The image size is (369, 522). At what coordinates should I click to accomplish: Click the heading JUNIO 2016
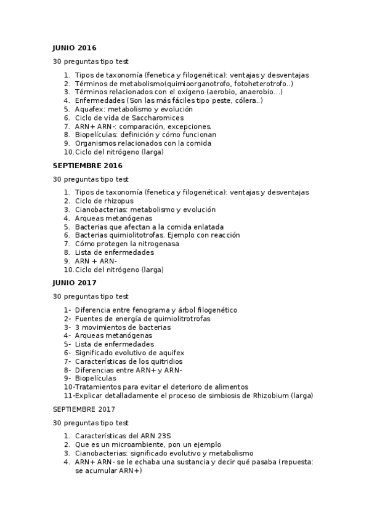(x=74, y=48)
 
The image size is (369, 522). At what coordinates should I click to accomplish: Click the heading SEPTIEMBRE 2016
(x=87, y=166)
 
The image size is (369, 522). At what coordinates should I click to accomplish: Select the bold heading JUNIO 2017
(x=74, y=283)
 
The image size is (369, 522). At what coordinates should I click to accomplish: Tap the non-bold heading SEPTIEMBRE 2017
(x=83, y=409)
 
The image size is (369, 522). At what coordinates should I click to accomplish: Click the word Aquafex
(x=92, y=109)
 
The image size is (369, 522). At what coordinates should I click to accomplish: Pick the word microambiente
(x=129, y=444)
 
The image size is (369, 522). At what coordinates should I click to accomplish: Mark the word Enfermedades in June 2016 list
(x=100, y=100)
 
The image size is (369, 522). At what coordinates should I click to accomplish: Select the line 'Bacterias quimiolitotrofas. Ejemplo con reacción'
(x=157, y=235)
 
